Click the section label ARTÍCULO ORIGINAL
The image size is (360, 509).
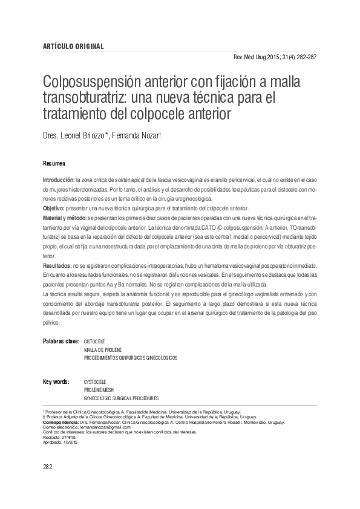pyautogui.click(x=73, y=47)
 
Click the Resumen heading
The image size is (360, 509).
pyautogui.click(x=54, y=164)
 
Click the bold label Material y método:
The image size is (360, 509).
pyautogui.click(x=65, y=216)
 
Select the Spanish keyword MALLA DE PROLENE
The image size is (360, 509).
pyautogui.click(x=102, y=350)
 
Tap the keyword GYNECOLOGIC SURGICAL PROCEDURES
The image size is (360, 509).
pyautogui.click(x=121, y=399)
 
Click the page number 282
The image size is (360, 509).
pyautogui.click(x=49, y=467)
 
